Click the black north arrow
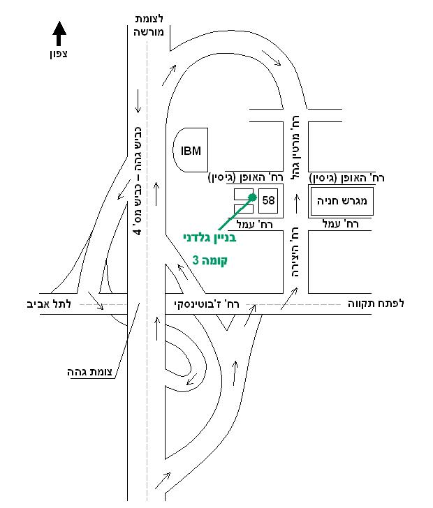coord(59,33)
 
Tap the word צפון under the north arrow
coord(59,54)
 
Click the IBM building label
coord(191,151)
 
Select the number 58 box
coord(268,200)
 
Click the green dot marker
coord(252,197)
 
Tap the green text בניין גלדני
coord(210,238)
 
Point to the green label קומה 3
coord(210,260)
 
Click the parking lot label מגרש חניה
coord(342,201)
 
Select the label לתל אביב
coord(49,304)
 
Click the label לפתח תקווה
coord(376,304)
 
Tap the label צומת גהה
coord(89,372)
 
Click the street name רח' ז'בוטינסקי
coord(207,304)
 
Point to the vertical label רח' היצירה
coord(295,252)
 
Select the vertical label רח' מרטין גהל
coord(295,148)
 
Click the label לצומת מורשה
coord(149,25)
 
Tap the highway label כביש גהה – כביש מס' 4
coord(138,181)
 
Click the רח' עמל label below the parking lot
coord(341,224)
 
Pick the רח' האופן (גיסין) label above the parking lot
coord(346,178)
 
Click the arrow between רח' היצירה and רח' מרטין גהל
coord(296,204)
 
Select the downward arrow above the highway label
coord(138,101)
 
